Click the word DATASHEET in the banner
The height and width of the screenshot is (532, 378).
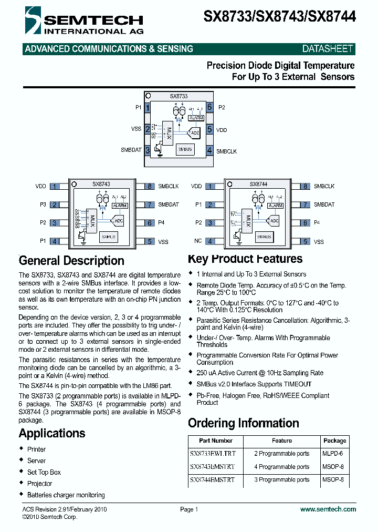click(x=328, y=49)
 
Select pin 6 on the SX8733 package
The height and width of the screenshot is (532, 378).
click(x=209, y=107)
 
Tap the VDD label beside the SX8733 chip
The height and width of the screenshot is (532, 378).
click(x=222, y=129)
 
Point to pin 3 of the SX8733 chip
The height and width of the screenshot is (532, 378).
click(x=148, y=150)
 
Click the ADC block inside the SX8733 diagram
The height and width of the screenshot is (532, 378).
click(x=195, y=134)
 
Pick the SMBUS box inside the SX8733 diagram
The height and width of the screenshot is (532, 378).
click(x=185, y=150)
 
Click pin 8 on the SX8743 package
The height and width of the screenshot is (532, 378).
click(x=150, y=186)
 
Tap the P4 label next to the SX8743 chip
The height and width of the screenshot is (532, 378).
click(x=161, y=223)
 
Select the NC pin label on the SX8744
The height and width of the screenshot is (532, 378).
click(x=198, y=241)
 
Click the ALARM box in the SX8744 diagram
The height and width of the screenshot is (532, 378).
click(x=275, y=206)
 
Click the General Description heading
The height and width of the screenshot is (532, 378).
click(x=71, y=261)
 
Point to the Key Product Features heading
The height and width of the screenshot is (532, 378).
click(x=245, y=259)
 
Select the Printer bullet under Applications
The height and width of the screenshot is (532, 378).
click(x=36, y=449)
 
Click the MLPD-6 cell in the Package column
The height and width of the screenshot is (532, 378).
click(x=332, y=454)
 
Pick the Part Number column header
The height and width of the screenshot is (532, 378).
click(x=216, y=441)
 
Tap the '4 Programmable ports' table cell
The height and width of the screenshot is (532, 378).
click(x=282, y=467)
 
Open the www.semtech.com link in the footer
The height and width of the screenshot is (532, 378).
click(x=328, y=509)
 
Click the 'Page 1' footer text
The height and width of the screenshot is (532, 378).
click(x=189, y=509)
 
